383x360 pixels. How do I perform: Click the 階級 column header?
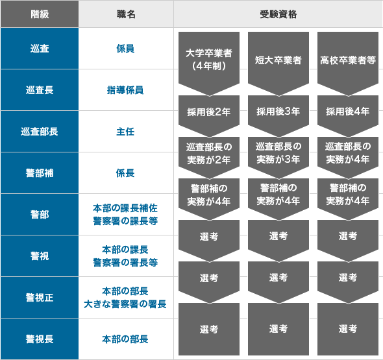pos(40,14)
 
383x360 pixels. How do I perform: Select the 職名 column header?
pos(126,14)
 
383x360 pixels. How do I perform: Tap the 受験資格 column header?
pos(278,14)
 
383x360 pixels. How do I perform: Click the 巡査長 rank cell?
pos(40,90)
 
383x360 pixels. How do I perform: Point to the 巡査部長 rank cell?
pos(40,132)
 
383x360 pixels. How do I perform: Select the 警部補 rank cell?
pos(40,173)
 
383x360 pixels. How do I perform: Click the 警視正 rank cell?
pos(40,298)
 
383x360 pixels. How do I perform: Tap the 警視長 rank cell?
pos(40,339)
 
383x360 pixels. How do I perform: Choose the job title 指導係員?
pos(125,90)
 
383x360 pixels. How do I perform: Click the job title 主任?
pos(125,132)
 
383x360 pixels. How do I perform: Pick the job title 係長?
pos(125,173)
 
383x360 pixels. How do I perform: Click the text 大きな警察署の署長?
pos(125,304)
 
